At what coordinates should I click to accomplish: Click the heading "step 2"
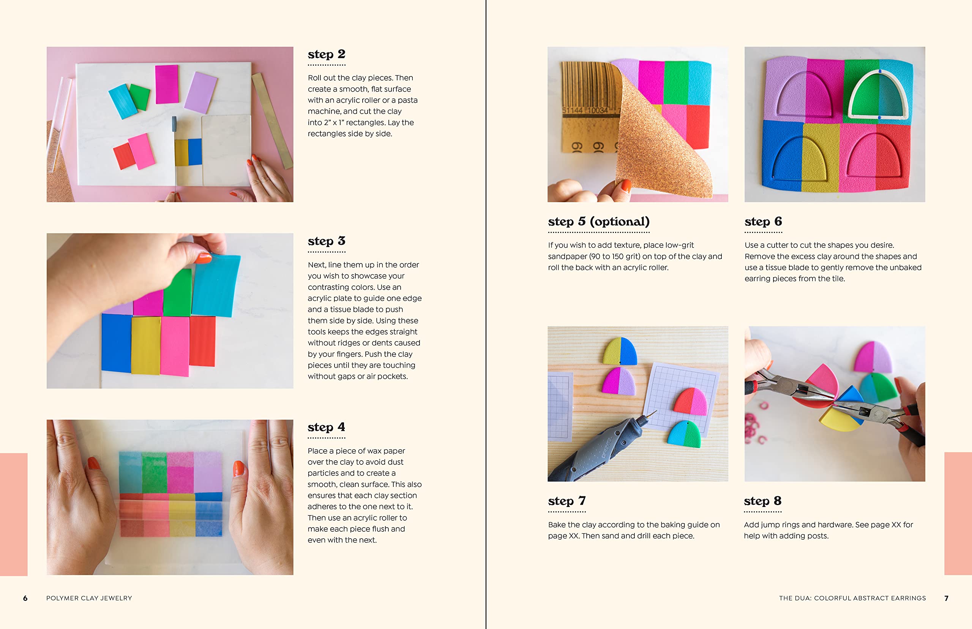327,54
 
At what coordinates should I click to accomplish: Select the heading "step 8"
762,501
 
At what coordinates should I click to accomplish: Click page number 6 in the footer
25,598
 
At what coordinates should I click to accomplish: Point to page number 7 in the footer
946,598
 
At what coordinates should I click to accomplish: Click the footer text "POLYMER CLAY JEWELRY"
89,598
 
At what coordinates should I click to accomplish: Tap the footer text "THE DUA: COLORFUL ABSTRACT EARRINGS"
852,598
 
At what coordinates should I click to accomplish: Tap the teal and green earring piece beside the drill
684,434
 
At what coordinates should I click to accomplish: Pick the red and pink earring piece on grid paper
690,401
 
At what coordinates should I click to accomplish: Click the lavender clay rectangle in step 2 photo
200,92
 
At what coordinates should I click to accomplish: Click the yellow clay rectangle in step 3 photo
146,345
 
